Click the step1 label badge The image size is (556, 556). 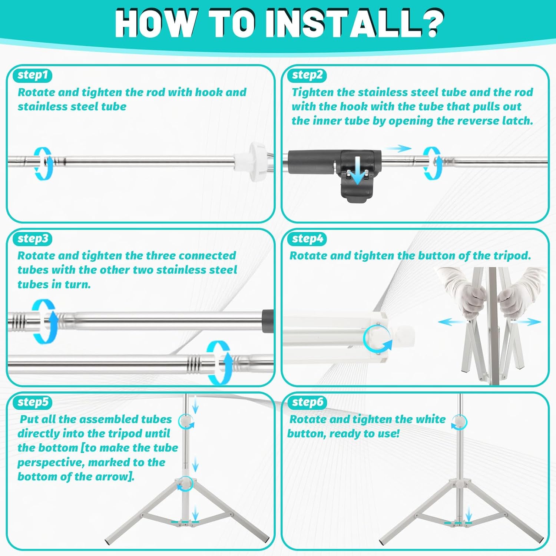33,75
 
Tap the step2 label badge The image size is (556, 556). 307,75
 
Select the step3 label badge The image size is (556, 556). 33,239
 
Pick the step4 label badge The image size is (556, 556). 307,239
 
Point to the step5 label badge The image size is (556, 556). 33,402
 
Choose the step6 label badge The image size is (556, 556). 307,402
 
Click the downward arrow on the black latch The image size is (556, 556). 357,170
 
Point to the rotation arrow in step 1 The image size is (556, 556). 43,163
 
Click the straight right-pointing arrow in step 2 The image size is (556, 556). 398,149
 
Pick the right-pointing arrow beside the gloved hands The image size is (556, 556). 526,322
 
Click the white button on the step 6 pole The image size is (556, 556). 460,421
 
